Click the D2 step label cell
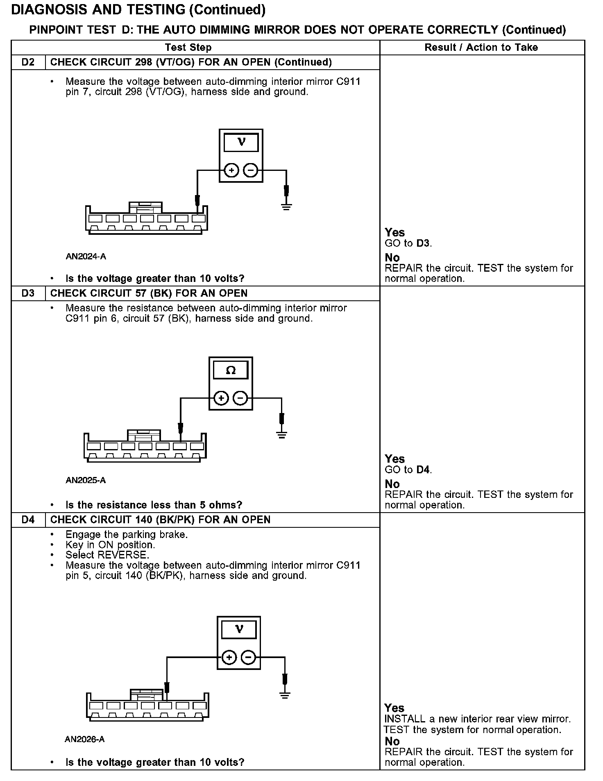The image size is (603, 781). (28, 62)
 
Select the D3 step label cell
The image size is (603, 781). (28, 293)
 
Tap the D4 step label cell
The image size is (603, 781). (28, 520)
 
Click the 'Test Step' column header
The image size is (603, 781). (188, 48)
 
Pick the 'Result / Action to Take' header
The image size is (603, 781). (481, 48)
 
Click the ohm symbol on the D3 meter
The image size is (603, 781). (231, 370)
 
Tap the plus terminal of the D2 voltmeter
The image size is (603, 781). (231, 170)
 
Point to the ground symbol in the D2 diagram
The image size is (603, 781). (286, 207)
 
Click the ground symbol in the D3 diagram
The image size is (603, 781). (281, 434)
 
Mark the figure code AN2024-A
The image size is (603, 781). (86, 257)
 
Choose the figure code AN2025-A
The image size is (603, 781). (86, 480)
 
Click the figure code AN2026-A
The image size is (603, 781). (85, 739)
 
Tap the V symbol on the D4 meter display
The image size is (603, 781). (239, 629)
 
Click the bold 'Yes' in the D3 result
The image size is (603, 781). (395, 459)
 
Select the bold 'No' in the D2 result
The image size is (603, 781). (392, 258)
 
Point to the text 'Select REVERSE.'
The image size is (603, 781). (107, 555)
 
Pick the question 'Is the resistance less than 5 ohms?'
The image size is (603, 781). (154, 505)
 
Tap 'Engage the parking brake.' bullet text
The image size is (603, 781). (127, 534)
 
